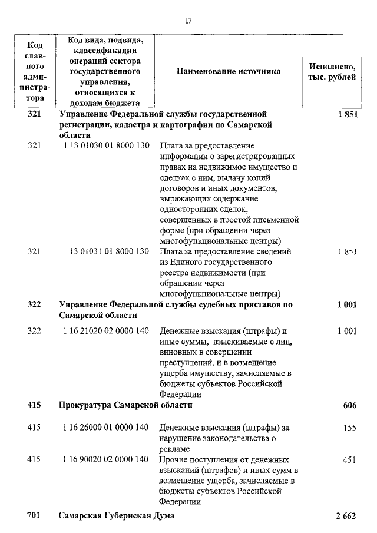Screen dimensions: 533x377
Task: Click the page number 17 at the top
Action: click(188, 21)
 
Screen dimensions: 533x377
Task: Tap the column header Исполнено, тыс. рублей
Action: click(332, 71)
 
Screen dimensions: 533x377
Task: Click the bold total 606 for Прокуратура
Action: click(349, 406)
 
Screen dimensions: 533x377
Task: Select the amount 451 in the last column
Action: click(349, 459)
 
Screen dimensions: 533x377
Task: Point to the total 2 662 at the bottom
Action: click(346, 516)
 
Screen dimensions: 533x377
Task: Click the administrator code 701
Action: click(34, 516)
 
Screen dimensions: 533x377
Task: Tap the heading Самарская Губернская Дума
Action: click(117, 516)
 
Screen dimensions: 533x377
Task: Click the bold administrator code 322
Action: click(34, 304)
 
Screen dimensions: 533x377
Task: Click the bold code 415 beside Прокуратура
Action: click(34, 405)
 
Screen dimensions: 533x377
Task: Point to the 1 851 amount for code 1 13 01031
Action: click(347, 251)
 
